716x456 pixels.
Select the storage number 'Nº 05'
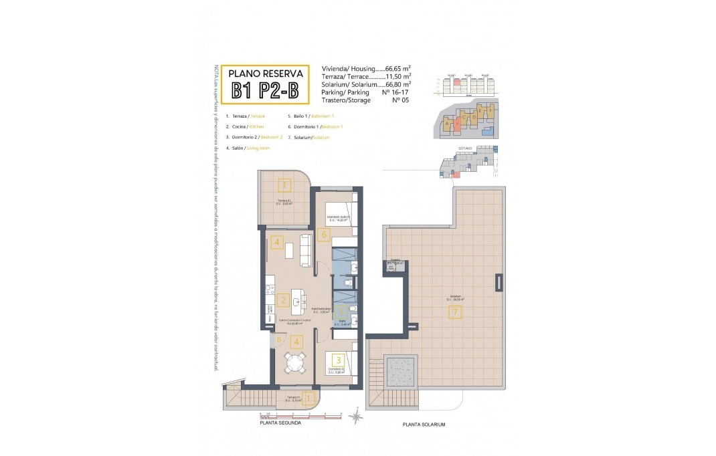(x=399, y=100)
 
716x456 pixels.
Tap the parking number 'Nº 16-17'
(x=395, y=92)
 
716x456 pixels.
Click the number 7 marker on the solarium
(x=455, y=312)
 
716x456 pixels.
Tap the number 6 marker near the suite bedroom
(x=324, y=234)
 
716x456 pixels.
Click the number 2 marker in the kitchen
(x=283, y=301)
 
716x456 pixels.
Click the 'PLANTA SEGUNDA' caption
(x=280, y=423)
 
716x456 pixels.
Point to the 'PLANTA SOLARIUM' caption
(x=424, y=425)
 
